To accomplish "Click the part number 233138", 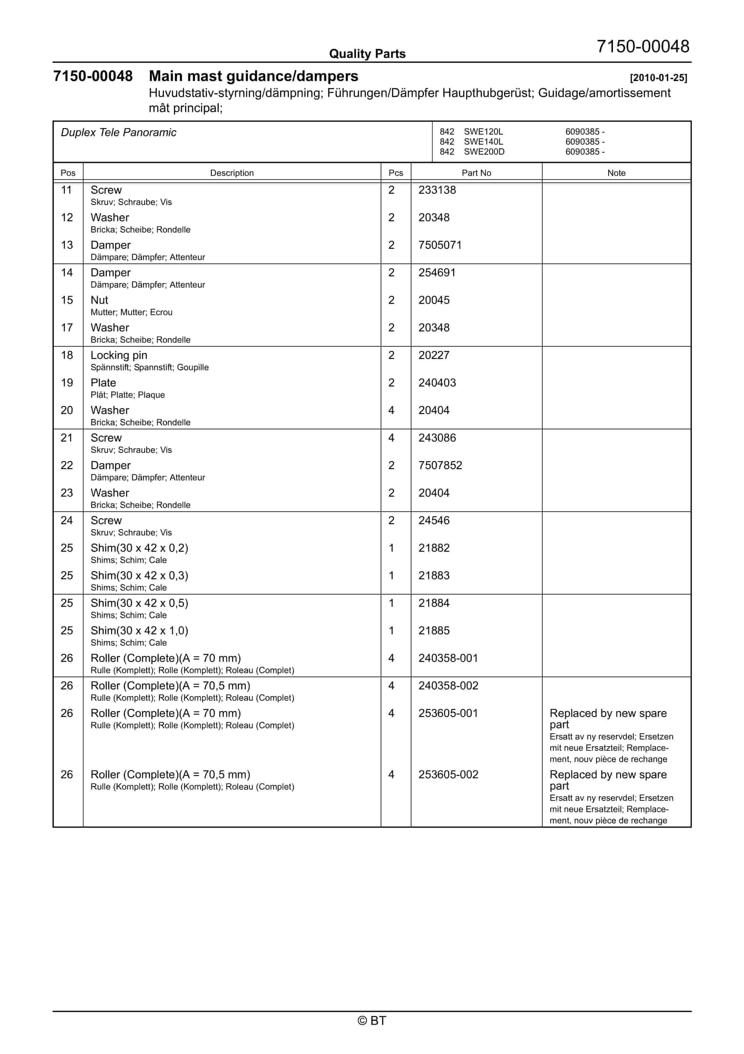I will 437,190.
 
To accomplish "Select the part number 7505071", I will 440,245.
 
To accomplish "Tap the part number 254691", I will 437,273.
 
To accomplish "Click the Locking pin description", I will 119,355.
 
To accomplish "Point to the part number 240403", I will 437,383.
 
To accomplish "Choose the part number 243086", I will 437,438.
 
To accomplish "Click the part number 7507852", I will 440,465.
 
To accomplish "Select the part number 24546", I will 434,520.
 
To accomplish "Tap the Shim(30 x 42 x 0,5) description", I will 139,603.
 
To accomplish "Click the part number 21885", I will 434,631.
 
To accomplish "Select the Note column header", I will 616,173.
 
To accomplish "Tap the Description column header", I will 232,173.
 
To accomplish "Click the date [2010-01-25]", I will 658,78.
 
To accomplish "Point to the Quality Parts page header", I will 367,54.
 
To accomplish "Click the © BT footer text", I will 372,1021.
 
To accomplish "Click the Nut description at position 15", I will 99,300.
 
